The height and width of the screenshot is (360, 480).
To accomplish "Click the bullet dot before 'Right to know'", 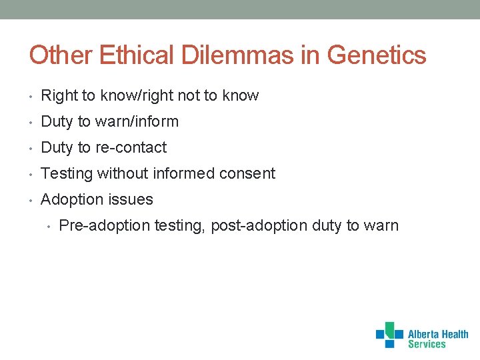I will tap(31, 96).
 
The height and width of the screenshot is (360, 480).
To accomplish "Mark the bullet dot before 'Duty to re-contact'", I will tap(31, 148).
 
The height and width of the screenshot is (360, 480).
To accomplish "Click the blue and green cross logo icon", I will tap(389, 334).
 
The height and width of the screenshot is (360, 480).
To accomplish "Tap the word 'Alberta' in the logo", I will tap(424, 334).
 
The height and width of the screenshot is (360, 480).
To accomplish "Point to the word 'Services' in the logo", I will tap(427, 344).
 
